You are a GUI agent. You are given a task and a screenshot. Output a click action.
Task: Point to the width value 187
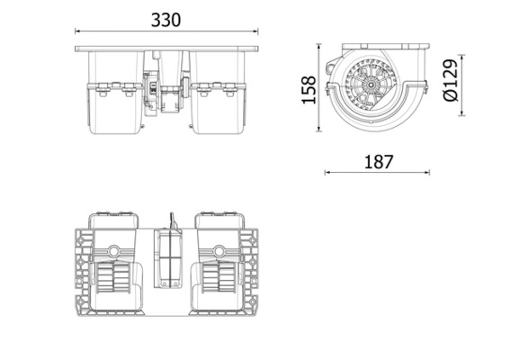click(x=378, y=162)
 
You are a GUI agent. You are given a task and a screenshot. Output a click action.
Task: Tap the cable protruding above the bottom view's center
click(x=169, y=221)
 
